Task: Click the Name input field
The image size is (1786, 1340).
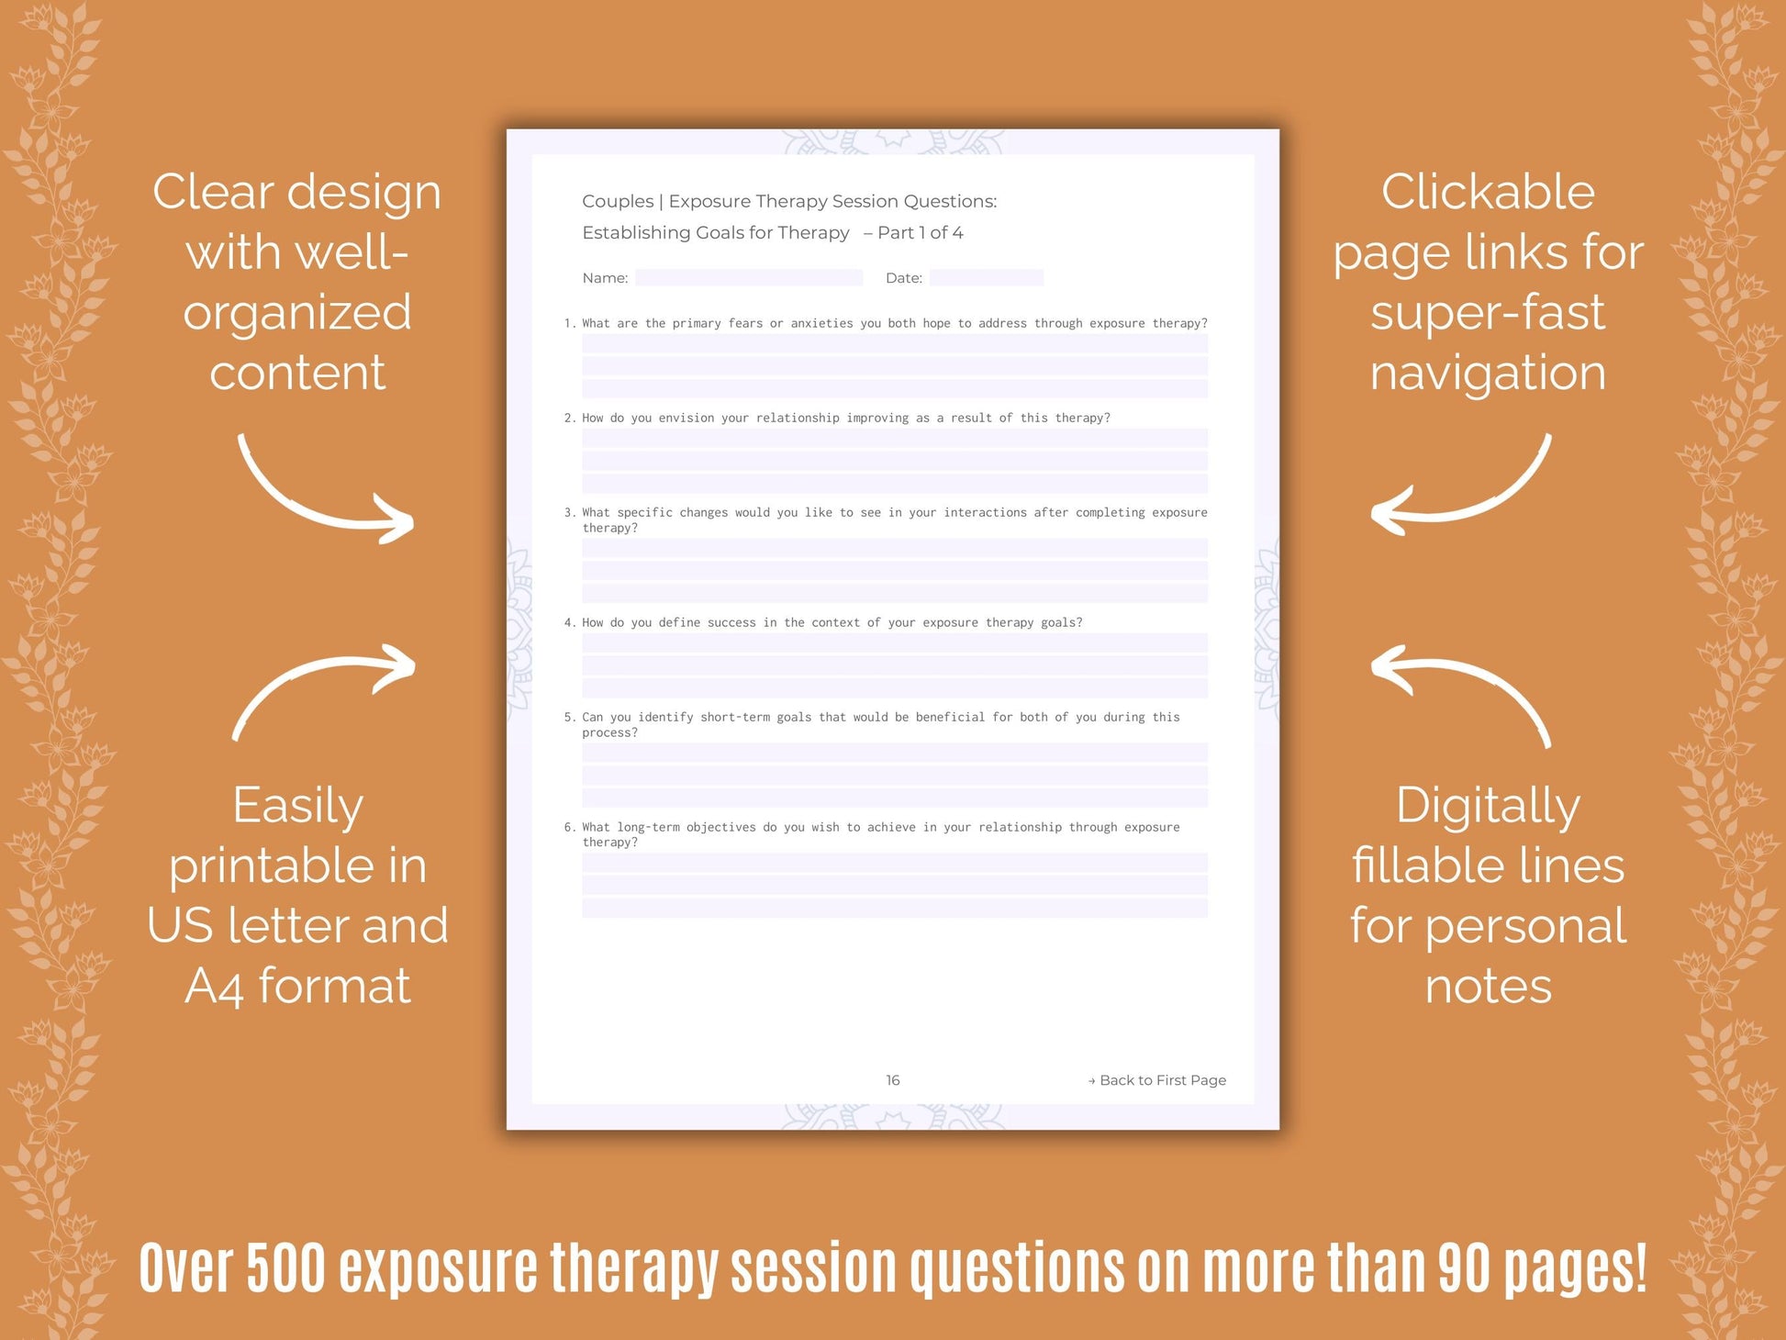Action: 748,277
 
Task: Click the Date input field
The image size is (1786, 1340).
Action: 986,277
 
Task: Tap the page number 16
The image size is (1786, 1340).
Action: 892,1080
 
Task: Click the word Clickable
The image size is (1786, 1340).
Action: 1488,193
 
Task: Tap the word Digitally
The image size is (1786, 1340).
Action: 1488,807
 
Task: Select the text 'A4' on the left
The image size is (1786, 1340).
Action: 214,987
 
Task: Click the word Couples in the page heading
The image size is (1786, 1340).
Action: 618,201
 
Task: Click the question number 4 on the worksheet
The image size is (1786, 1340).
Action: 569,622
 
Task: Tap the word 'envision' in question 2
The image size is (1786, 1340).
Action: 686,418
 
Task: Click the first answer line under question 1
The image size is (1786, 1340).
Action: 894,343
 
